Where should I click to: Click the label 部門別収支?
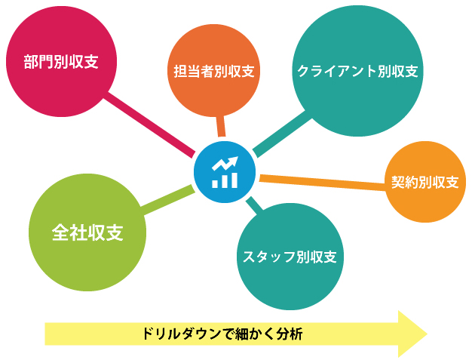click(x=61, y=62)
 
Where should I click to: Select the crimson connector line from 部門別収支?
click(x=149, y=125)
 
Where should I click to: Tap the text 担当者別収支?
click(x=214, y=72)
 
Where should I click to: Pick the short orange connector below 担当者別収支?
click(x=221, y=126)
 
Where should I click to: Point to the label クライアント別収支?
click(x=357, y=72)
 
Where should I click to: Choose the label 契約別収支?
click(x=424, y=182)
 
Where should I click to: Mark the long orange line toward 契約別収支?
click(x=323, y=182)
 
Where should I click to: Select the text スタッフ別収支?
click(x=290, y=257)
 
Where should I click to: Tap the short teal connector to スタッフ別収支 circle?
click(x=254, y=205)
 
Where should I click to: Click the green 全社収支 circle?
click(x=87, y=232)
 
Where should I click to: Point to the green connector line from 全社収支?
click(x=167, y=200)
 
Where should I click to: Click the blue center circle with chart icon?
click(x=225, y=172)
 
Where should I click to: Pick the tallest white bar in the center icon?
click(x=234, y=180)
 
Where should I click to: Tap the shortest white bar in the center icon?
click(x=215, y=184)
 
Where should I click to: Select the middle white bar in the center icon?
click(x=224, y=182)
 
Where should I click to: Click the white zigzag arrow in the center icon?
click(x=225, y=164)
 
